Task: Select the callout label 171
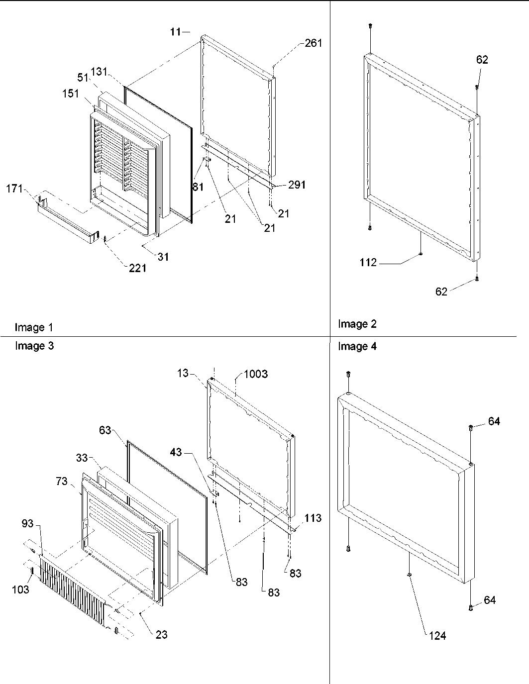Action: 15,189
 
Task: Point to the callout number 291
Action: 297,185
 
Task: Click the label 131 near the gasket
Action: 99,71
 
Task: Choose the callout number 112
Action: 368,263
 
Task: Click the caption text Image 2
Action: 357,324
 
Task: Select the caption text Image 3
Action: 34,346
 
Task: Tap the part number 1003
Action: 255,374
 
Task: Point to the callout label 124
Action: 437,635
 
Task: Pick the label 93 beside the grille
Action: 28,523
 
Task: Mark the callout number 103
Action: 20,589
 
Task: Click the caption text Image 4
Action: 357,347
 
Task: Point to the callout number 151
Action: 70,94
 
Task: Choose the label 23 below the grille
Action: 161,634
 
